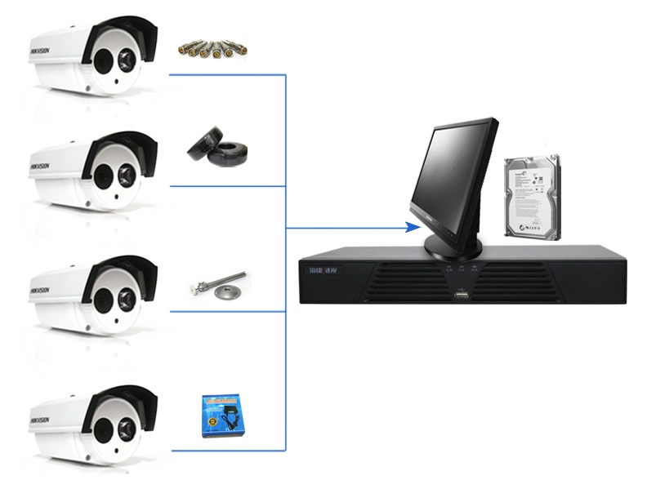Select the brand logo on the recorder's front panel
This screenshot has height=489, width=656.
point(319,270)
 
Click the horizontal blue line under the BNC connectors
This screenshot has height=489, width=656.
point(227,74)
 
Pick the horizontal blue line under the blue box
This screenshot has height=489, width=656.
point(227,450)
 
